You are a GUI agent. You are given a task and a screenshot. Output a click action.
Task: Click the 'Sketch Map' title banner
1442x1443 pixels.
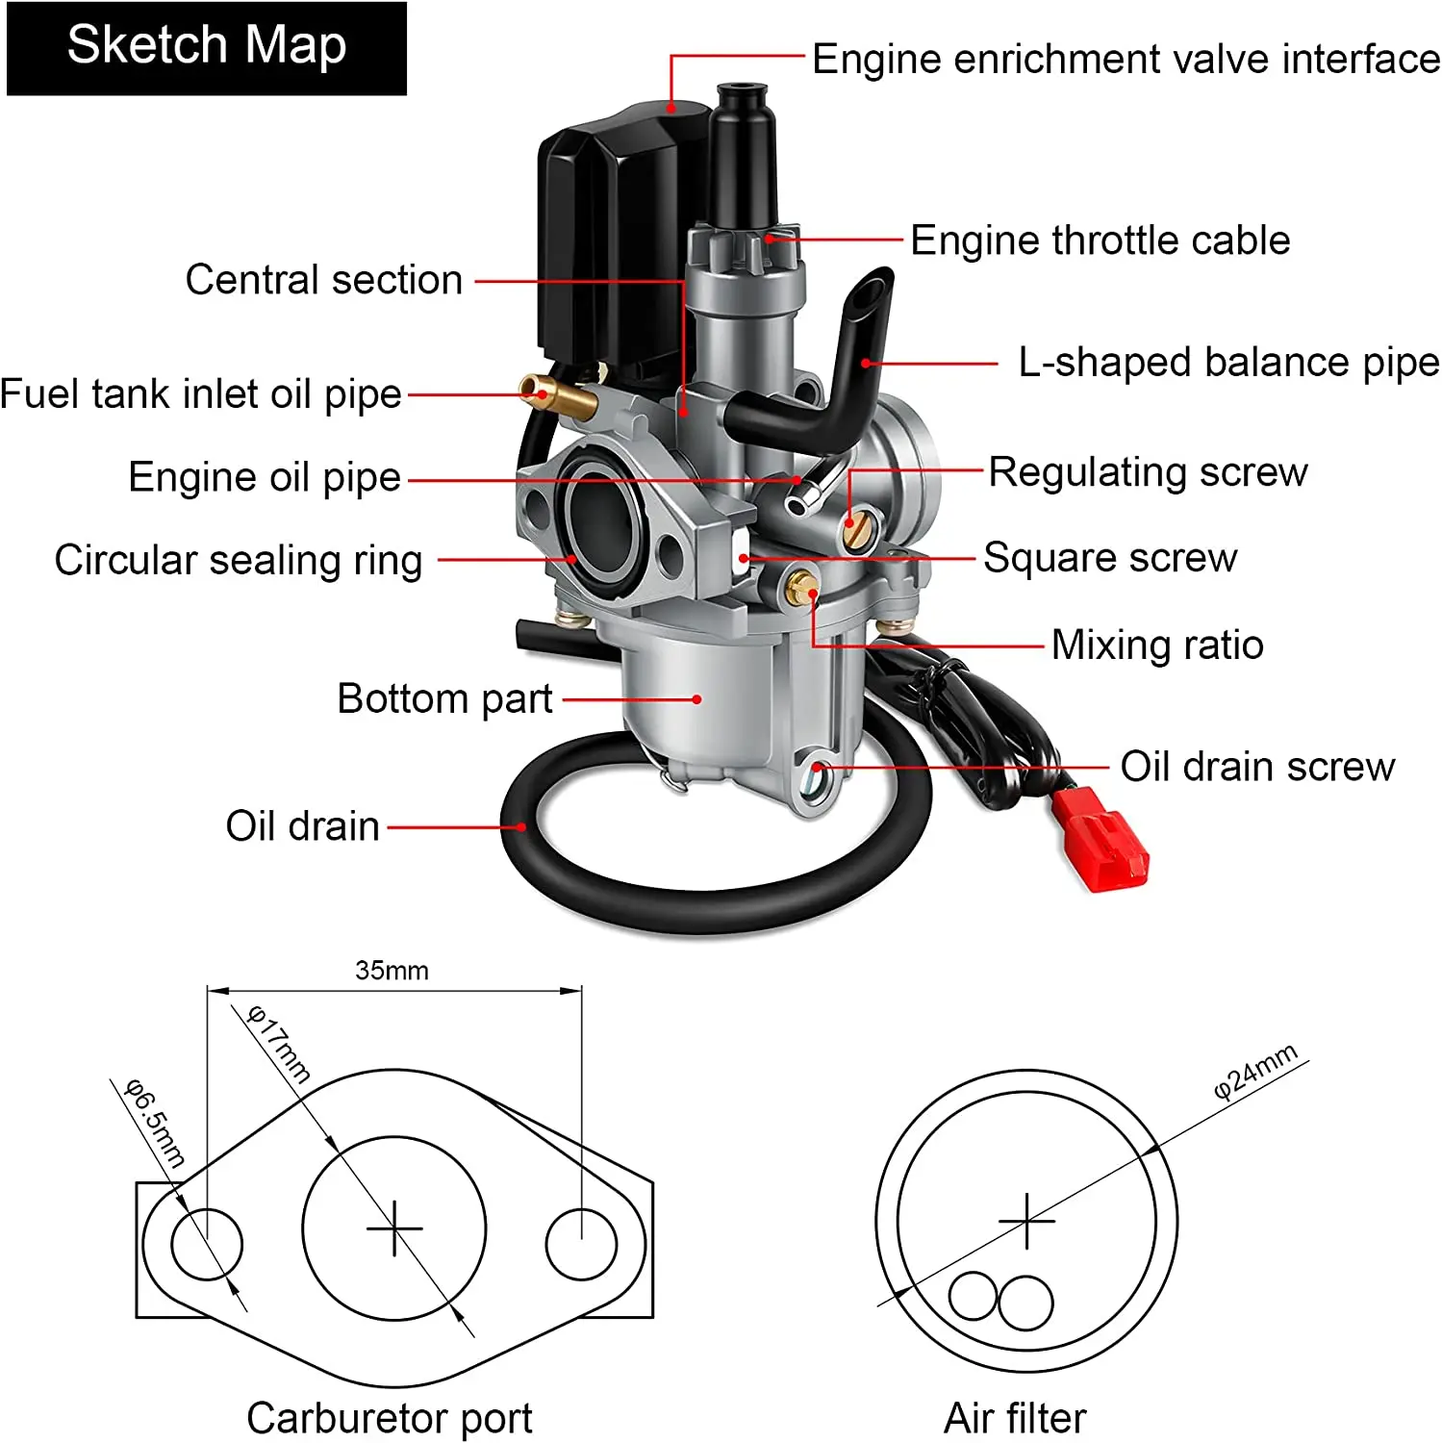coord(207,47)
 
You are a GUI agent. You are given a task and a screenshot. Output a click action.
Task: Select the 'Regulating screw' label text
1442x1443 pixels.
coord(1148,472)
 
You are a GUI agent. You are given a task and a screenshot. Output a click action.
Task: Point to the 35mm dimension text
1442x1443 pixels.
coord(392,970)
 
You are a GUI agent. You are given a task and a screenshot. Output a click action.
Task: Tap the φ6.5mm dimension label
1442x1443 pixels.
coord(155,1123)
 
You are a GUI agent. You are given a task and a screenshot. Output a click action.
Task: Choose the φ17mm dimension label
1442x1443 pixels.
coord(279,1044)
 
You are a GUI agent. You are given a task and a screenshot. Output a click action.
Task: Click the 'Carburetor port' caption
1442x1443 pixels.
coord(389,1417)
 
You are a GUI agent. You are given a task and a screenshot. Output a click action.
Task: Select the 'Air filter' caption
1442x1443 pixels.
coord(1015,1417)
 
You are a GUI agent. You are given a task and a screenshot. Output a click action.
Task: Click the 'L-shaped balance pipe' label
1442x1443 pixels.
coord(1228,363)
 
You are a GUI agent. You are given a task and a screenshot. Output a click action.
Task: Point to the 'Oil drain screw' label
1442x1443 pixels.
coord(1256,767)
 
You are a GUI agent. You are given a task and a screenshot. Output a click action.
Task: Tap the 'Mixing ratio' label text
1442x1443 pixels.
coord(1156,645)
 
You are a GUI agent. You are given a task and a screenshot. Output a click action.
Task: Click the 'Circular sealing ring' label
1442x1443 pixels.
coord(239,560)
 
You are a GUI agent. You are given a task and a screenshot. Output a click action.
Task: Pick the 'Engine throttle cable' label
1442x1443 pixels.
coord(1100,240)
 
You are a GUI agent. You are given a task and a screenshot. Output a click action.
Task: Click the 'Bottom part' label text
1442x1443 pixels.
coord(444,698)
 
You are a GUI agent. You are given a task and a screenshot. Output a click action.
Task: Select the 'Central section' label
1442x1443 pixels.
coord(324,280)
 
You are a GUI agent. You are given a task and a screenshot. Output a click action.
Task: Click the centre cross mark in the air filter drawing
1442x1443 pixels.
coord(1026,1221)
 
